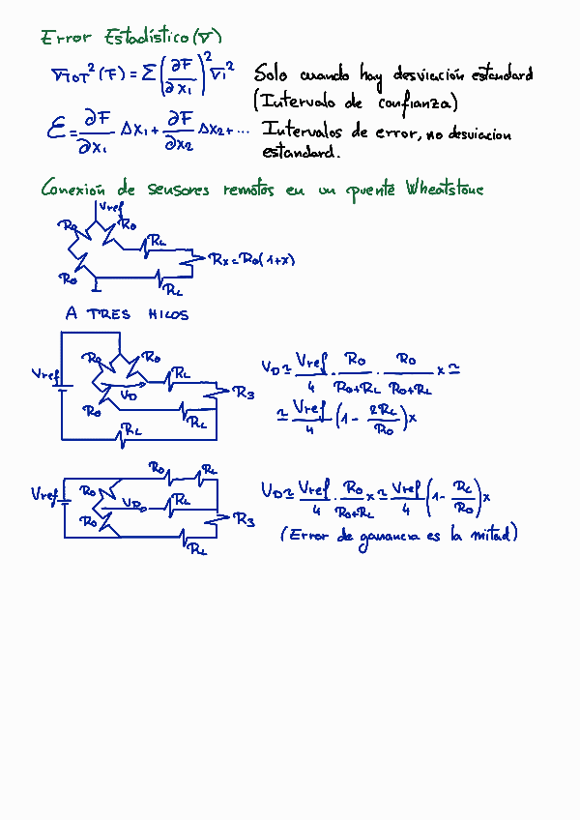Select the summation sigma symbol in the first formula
tap(151, 73)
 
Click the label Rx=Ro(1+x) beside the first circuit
tap(254, 259)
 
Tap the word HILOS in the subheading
tap(168, 314)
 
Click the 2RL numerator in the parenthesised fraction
tap(383, 409)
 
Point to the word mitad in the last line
tap(493, 534)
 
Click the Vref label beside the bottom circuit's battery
tap(44, 495)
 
